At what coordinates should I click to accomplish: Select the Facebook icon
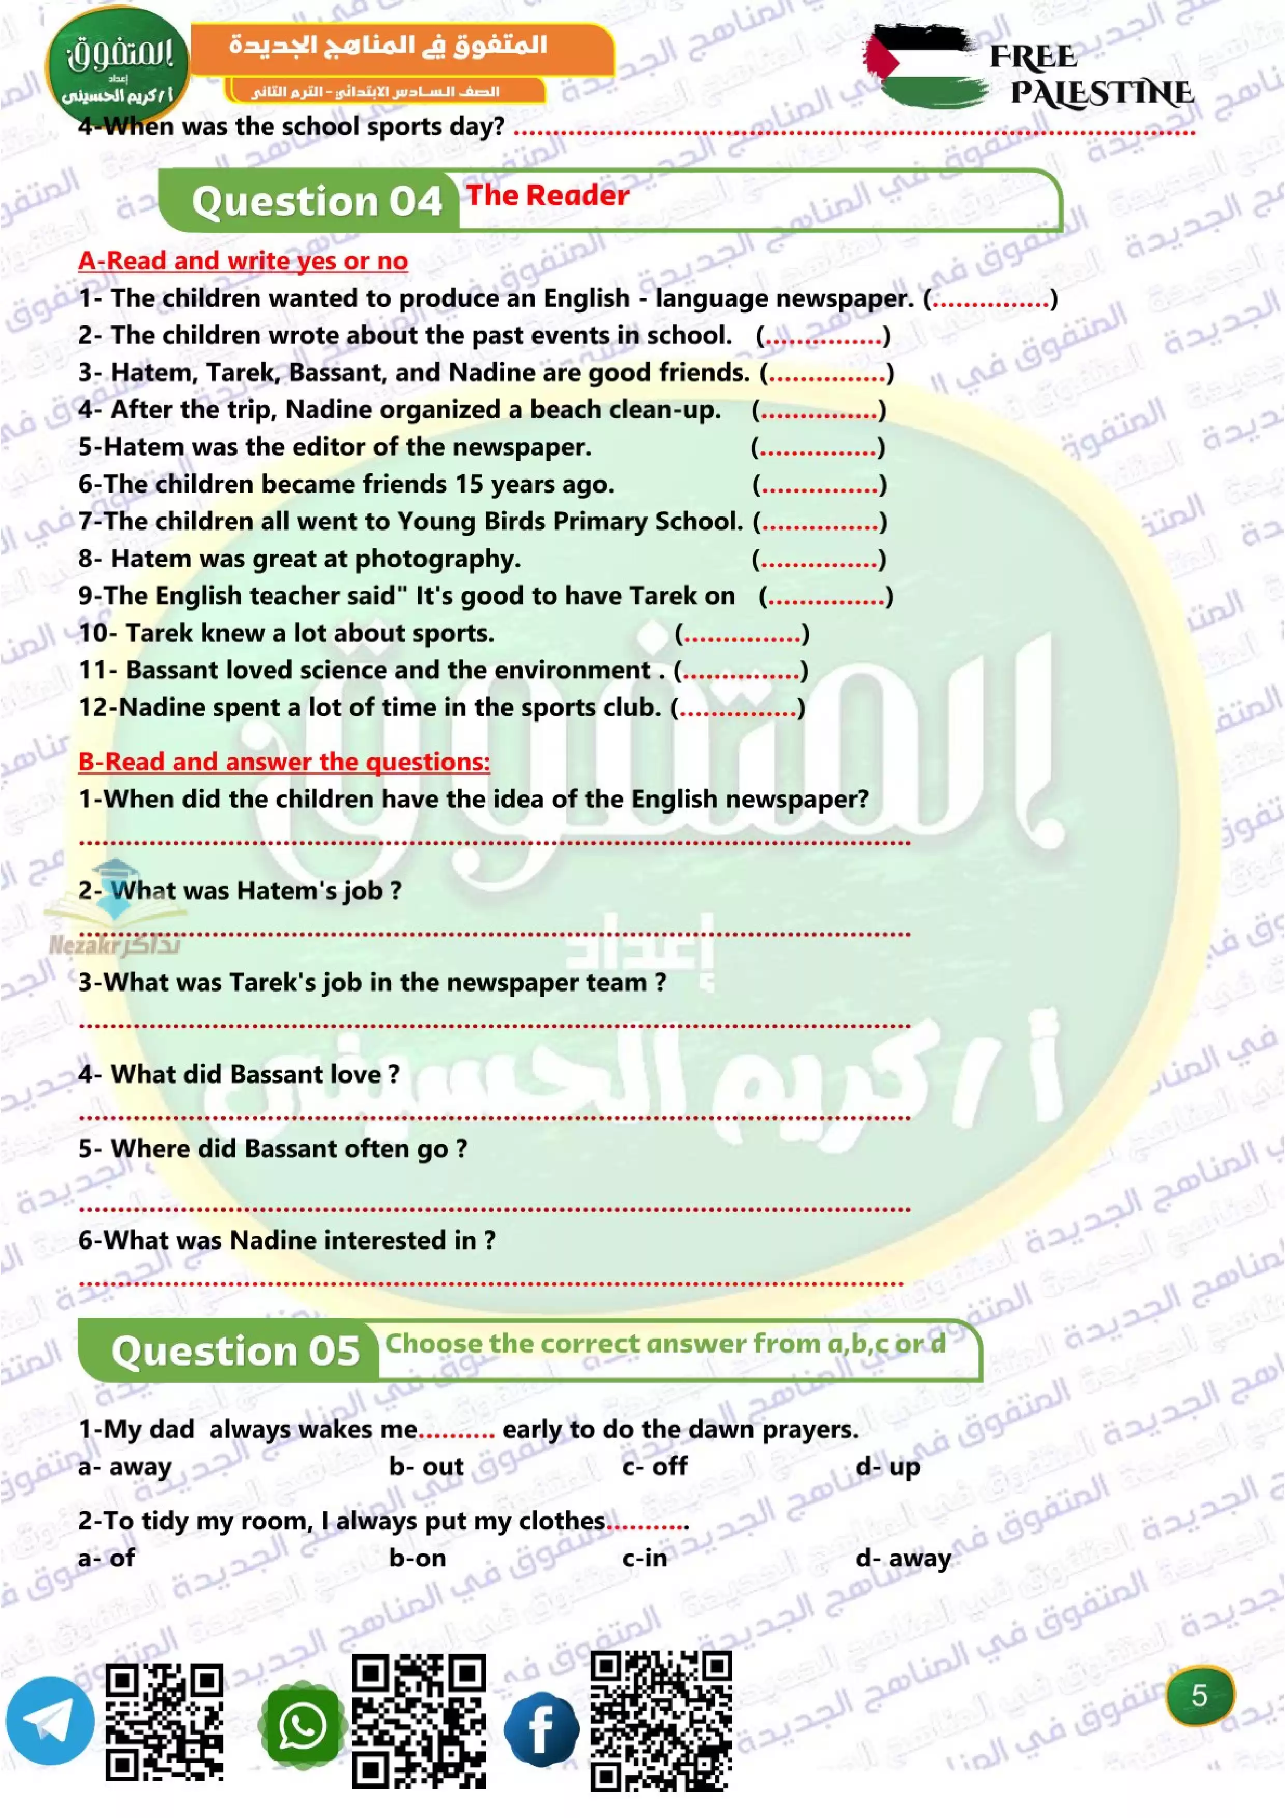[541, 1728]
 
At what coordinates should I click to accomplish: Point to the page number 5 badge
[1200, 1695]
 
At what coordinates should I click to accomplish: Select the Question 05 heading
[235, 1350]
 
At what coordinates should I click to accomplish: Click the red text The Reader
[547, 195]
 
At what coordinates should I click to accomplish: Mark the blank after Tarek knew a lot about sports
[742, 634]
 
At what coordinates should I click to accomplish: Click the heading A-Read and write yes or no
[242, 261]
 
